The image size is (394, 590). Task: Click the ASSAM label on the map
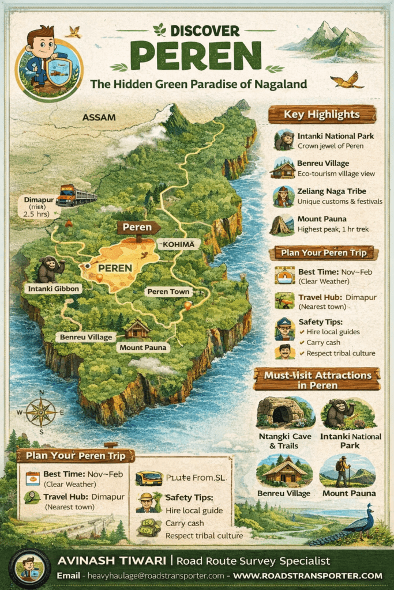[x=99, y=117]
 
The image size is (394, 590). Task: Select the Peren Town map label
[x=168, y=292]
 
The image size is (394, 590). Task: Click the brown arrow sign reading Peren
[x=138, y=227]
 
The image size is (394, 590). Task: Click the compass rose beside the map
[x=41, y=412]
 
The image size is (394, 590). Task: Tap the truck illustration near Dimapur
[x=75, y=195]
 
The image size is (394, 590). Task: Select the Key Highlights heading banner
[x=322, y=114]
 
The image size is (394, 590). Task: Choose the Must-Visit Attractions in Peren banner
[x=317, y=380]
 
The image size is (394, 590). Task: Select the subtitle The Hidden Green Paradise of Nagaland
[x=198, y=84]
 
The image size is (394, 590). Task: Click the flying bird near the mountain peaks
[x=350, y=80]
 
